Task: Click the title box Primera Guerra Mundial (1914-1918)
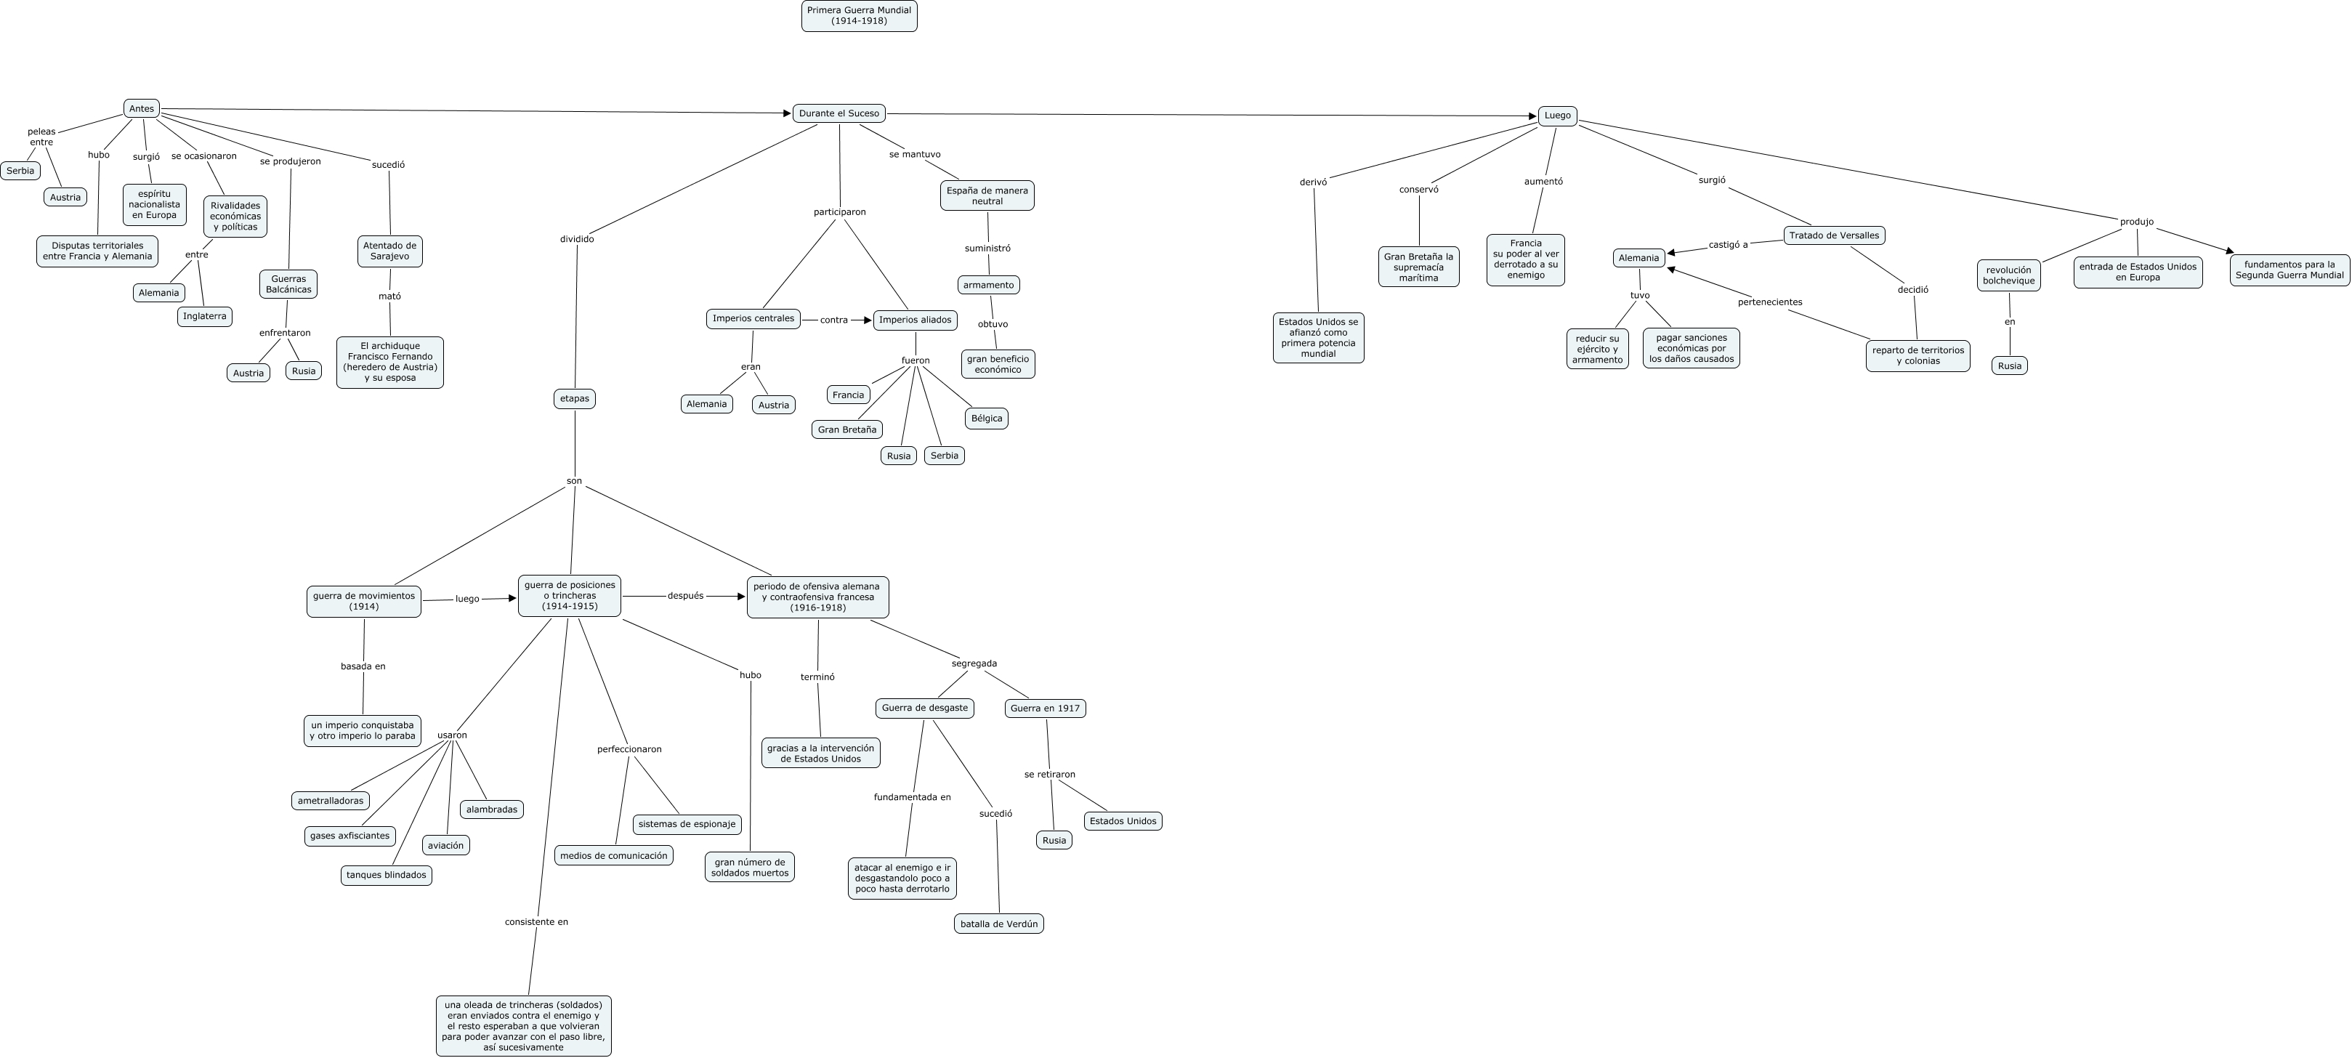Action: (x=858, y=15)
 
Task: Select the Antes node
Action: (x=142, y=108)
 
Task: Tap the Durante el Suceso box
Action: (x=838, y=113)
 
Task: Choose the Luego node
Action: (x=1557, y=116)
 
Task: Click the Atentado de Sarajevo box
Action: (x=390, y=251)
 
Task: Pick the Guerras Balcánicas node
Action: (x=288, y=284)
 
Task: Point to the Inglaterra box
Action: (x=204, y=316)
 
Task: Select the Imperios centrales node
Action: (x=753, y=318)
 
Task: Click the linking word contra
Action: (x=833, y=320)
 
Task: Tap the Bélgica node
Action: (x=986, y=418)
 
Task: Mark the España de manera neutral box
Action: (x=987, y=195)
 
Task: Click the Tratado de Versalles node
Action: (x=1833, y=235)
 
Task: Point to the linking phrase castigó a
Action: (x=1727, y=245)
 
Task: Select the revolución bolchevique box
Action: (x=2009, y=275)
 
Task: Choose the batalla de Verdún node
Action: (x=999, y=924)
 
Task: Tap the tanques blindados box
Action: (x=387, y=874)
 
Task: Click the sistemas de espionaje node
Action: (x=687, y=824)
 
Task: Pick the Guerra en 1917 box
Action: (x=1045, y=708)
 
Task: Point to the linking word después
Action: (x=686, y=596)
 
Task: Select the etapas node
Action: (x=574, y=399)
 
